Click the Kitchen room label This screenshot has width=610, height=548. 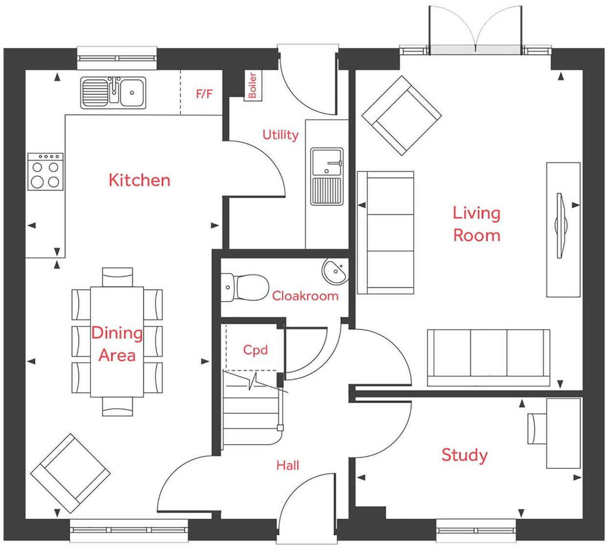(x=139, y=180)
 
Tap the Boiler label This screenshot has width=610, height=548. (x=252, y=85)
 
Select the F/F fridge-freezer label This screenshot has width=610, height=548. (x=204, y=93)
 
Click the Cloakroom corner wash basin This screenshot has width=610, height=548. (x=335, y=271)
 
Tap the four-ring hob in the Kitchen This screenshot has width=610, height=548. (x=45, y=172)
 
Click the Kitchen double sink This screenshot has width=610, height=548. (x=113, y=92)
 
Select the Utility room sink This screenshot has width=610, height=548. (x=327, y=176)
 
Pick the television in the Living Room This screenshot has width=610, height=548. (x=561, y=226)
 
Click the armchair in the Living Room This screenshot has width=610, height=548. (x=402, y=115)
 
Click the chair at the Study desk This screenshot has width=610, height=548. (x=537, y=429)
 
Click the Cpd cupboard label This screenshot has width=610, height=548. (x=255, y=350)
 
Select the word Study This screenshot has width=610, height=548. (x=464, y=455)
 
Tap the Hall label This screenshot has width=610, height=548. (x=287, y=465)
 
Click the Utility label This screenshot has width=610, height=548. (x=280, y=135)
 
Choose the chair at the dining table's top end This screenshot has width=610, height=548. (x=117, y=277)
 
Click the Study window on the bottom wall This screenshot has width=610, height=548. (x=476, y=530)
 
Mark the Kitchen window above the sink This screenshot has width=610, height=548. (x=117, y=58)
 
